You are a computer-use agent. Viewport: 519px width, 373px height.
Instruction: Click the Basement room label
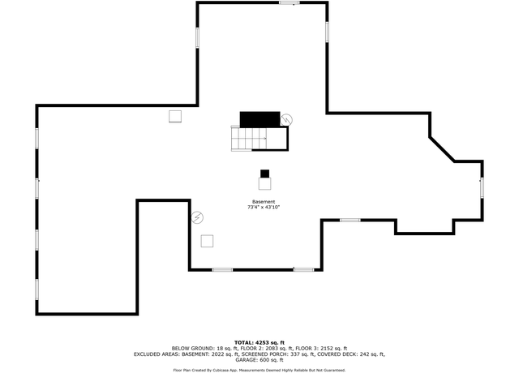(264, 202)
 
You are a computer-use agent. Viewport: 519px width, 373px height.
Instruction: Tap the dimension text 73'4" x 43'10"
(264, 208)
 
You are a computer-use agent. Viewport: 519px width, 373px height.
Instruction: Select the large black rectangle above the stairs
(259, 119)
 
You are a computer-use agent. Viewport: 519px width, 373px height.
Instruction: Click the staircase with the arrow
(249, 139)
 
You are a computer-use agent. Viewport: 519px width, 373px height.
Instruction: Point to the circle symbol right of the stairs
(286, 119)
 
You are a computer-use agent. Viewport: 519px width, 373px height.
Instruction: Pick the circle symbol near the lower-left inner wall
(197, 217)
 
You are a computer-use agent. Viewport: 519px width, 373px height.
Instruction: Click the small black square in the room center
(265, 174)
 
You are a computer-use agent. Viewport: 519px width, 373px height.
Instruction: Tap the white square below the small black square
(265, 183)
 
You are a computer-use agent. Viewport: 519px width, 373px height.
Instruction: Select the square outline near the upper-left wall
(175, 117)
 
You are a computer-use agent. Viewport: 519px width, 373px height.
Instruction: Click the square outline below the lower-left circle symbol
(207, 241)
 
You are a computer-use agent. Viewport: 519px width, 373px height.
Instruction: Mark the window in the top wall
(290, 3)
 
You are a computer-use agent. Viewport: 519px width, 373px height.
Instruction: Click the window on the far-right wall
(482, 187)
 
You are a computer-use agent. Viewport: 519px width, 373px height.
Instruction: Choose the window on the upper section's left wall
(198, 38)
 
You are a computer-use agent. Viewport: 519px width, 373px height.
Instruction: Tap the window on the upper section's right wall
(327, 32)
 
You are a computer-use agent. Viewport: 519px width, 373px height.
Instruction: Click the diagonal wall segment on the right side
(442, 149)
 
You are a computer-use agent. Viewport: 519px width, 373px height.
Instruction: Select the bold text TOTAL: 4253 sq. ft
(259, 342)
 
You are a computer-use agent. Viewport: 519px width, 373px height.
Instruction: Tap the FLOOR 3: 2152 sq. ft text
(321, 348)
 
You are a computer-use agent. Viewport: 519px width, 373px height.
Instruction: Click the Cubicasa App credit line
(259, 370)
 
